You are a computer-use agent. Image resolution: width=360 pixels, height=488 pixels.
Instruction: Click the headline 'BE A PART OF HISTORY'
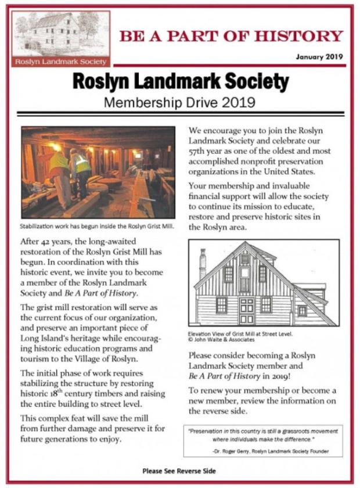[x=231, y=37]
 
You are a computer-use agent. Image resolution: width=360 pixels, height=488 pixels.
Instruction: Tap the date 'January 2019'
[x=319, y=58]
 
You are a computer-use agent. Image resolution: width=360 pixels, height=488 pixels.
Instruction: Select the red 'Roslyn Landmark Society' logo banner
[x=61, y=61]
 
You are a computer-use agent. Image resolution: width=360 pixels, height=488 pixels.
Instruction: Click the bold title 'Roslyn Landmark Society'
[x=180, y=82]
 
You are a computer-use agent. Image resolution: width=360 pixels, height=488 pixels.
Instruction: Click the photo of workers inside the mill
[x=98, y=173]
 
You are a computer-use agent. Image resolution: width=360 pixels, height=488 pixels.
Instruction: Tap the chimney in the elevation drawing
[x=203, y=264]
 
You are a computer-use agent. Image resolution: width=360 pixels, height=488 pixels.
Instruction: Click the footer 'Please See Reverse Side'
[x=180, y=471]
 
